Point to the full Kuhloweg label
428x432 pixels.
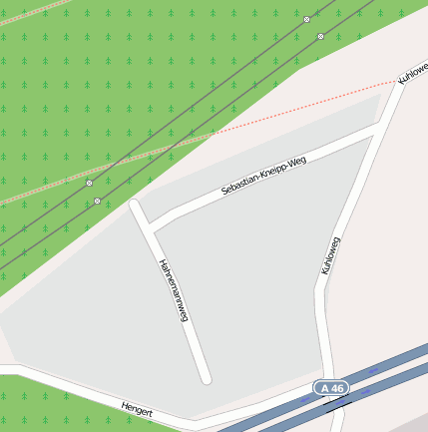tap(331, 254)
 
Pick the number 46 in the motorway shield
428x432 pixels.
tap(339, 387)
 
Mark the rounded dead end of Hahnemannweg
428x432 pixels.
tap(206, 378)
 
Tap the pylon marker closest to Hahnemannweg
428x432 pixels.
tap(97, 202)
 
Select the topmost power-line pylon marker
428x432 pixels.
tap(306, 20)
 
